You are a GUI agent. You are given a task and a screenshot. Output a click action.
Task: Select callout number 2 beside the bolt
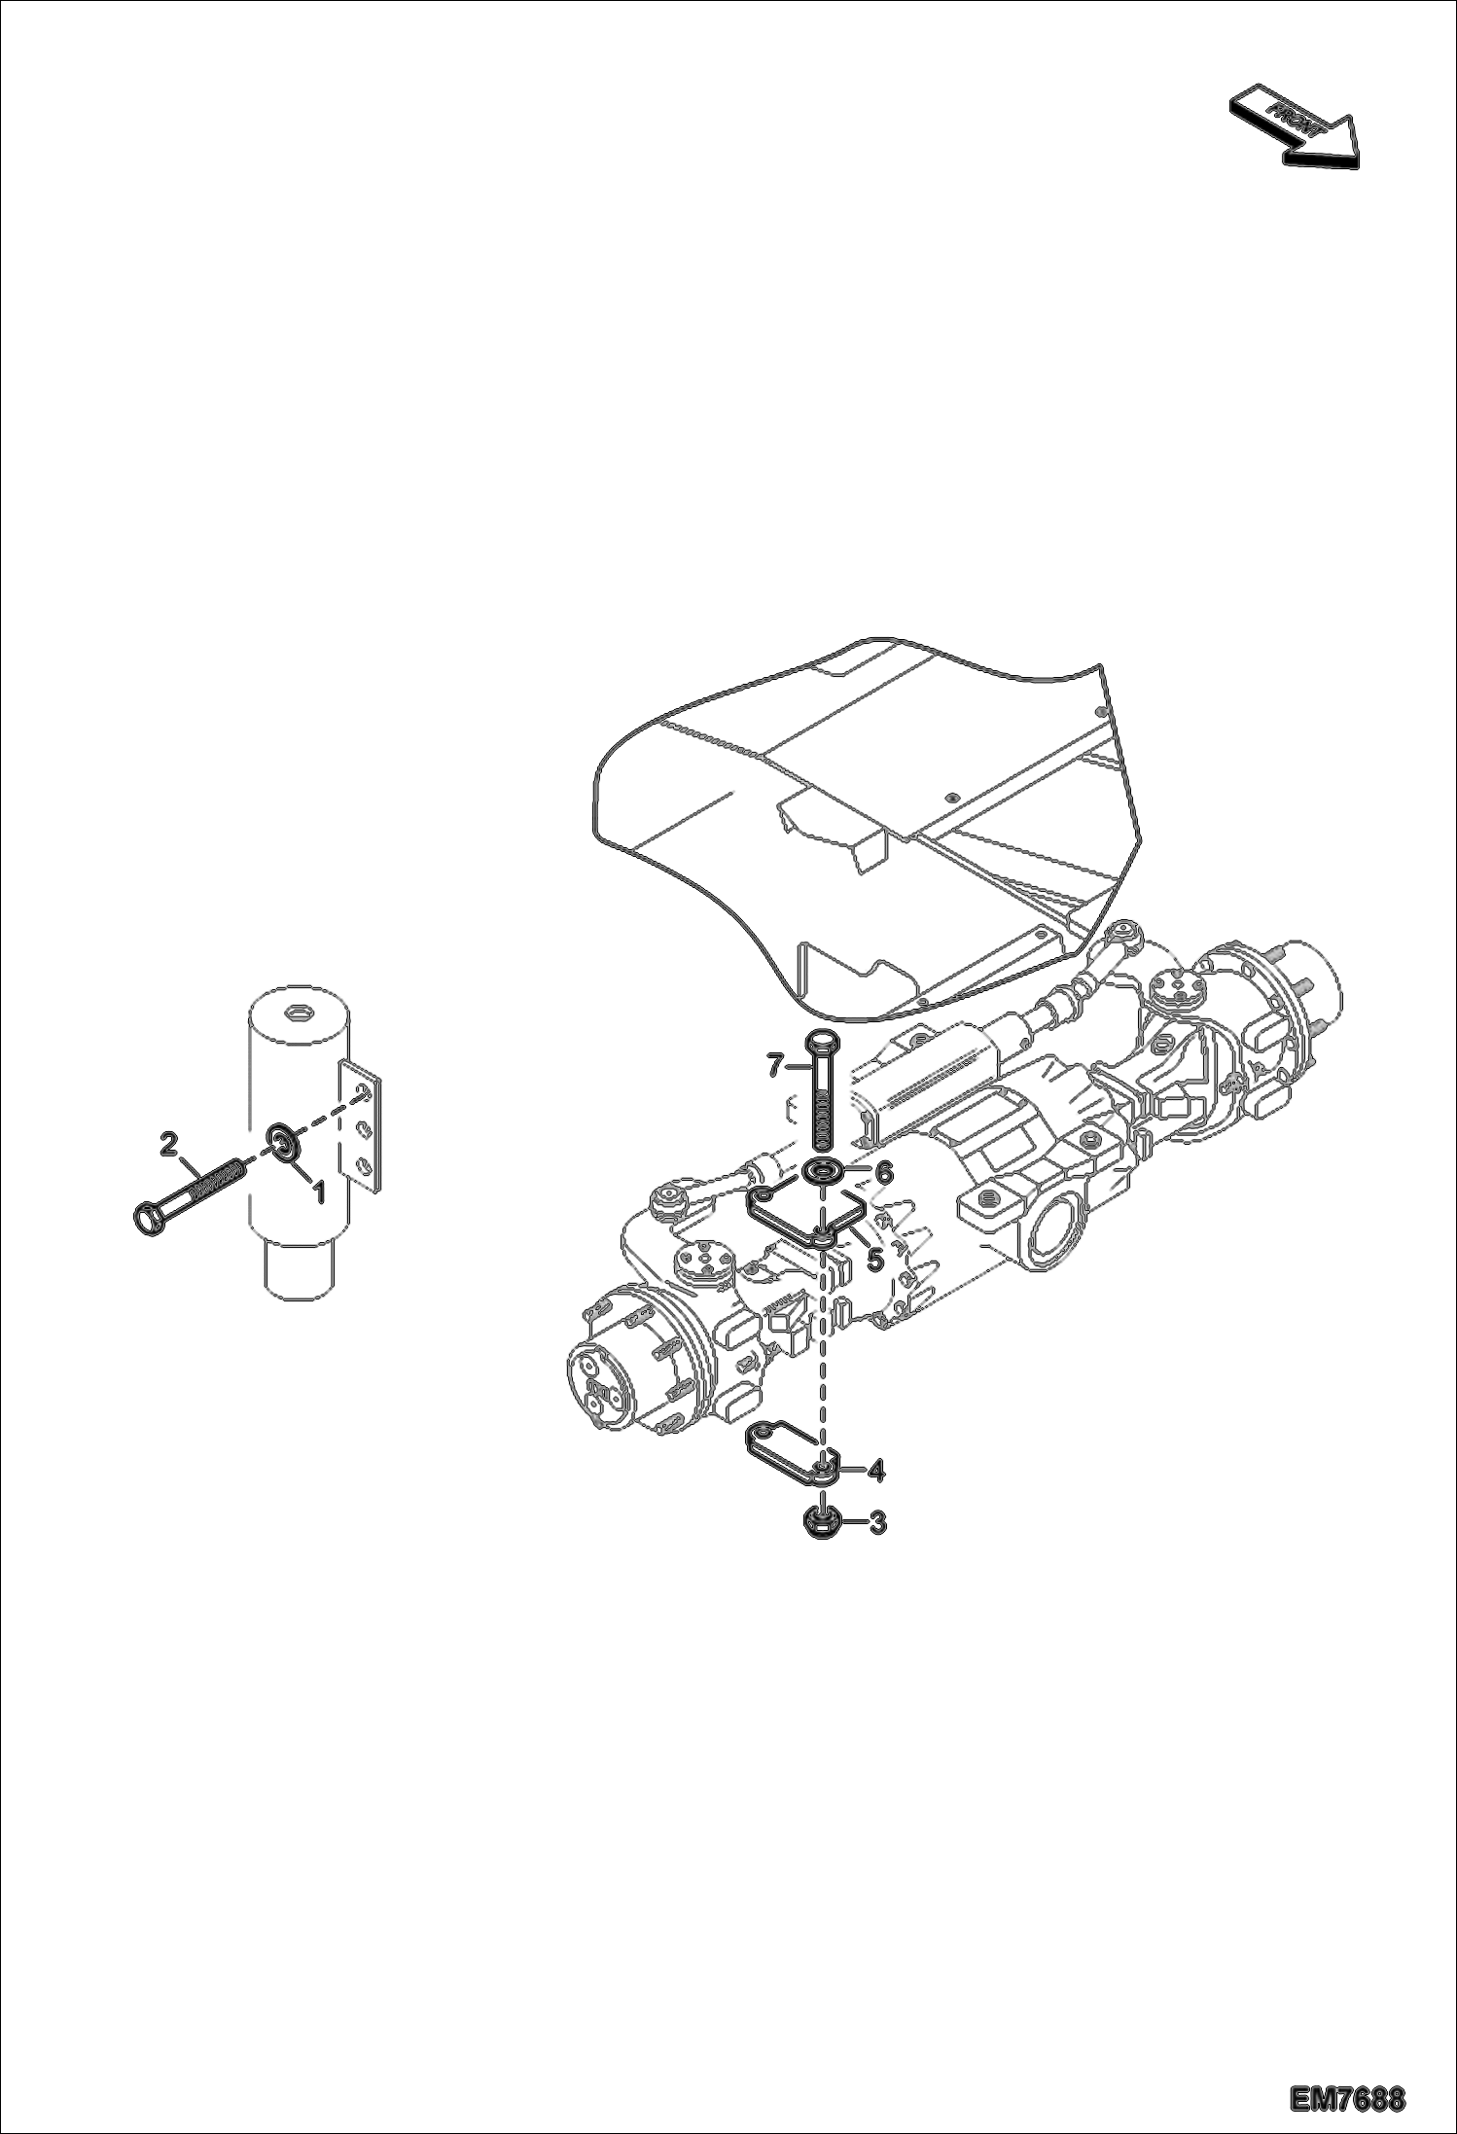click(x=168, y=1142)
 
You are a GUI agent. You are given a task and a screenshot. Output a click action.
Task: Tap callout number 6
click(x=883, y=1173)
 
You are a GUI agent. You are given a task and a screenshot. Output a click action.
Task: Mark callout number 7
click(x=775, y=1067)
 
